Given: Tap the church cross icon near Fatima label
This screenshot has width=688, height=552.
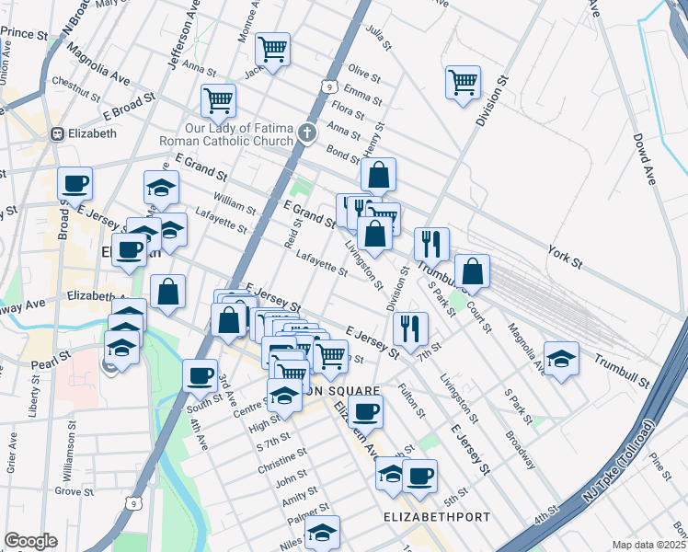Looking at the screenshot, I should [307, 133].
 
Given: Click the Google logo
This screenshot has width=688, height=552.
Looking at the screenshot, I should [30, 541].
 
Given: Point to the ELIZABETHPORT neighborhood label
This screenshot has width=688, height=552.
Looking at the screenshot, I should [437, 518].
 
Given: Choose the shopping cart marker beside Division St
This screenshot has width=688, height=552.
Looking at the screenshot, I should [463, 81].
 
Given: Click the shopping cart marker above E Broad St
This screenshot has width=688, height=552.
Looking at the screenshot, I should [218, 100].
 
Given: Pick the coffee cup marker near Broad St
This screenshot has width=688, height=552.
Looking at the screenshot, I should [75, 183].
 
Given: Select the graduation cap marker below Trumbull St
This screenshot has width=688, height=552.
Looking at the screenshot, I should [561, 359].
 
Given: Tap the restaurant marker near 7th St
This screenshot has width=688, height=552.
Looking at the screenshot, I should [410, 328].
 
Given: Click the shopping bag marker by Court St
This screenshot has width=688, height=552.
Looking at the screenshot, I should [472, 270].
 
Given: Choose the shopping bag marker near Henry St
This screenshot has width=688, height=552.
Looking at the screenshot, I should [378, 174].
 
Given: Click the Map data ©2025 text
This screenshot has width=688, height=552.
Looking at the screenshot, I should [649, 545].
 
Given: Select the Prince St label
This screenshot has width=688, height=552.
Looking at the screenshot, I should [24, 34].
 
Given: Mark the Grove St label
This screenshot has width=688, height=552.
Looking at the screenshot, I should [68, 491].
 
